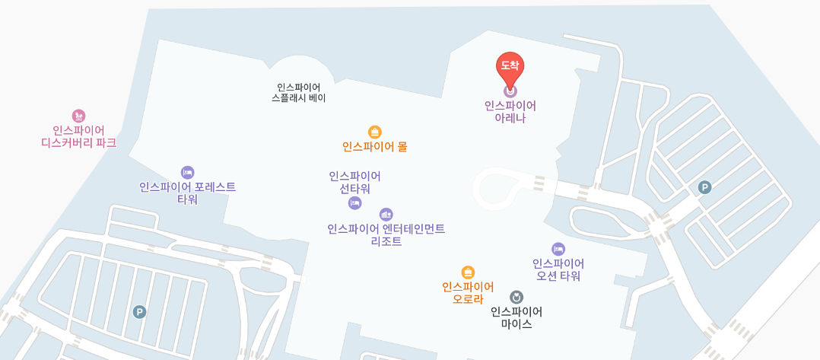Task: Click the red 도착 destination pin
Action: [x=510, y=67]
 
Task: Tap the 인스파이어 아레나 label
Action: [x=510, y=112]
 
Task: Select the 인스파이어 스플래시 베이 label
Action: [x=298, y=93]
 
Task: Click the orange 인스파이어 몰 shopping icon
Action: [x=374, y=132]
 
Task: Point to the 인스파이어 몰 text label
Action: [x=374, y=147]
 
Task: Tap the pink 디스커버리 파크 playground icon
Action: [x=78, y=116]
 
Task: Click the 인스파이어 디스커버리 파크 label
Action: [x=78, y=136]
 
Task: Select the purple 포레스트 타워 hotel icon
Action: [x=187, y=173]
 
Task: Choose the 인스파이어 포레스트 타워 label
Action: [x=187, y=193]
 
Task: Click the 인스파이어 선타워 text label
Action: [x=354, y=183]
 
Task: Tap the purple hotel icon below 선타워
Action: [x=354, y=202]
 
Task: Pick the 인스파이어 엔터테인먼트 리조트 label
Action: [x=386, y=235]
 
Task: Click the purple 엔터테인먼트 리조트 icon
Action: [x=386, y=215]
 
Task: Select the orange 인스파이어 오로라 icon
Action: [x=468, y=272]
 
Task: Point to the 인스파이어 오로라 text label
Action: [x=468, y=293]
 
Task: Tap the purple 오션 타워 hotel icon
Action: [x=558, y=249]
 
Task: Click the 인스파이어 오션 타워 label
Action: [x=558, y=269]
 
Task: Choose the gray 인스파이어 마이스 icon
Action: [x=516, y=297]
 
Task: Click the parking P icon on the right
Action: [x=704, y=187]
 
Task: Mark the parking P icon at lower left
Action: [x=139, y=312]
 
